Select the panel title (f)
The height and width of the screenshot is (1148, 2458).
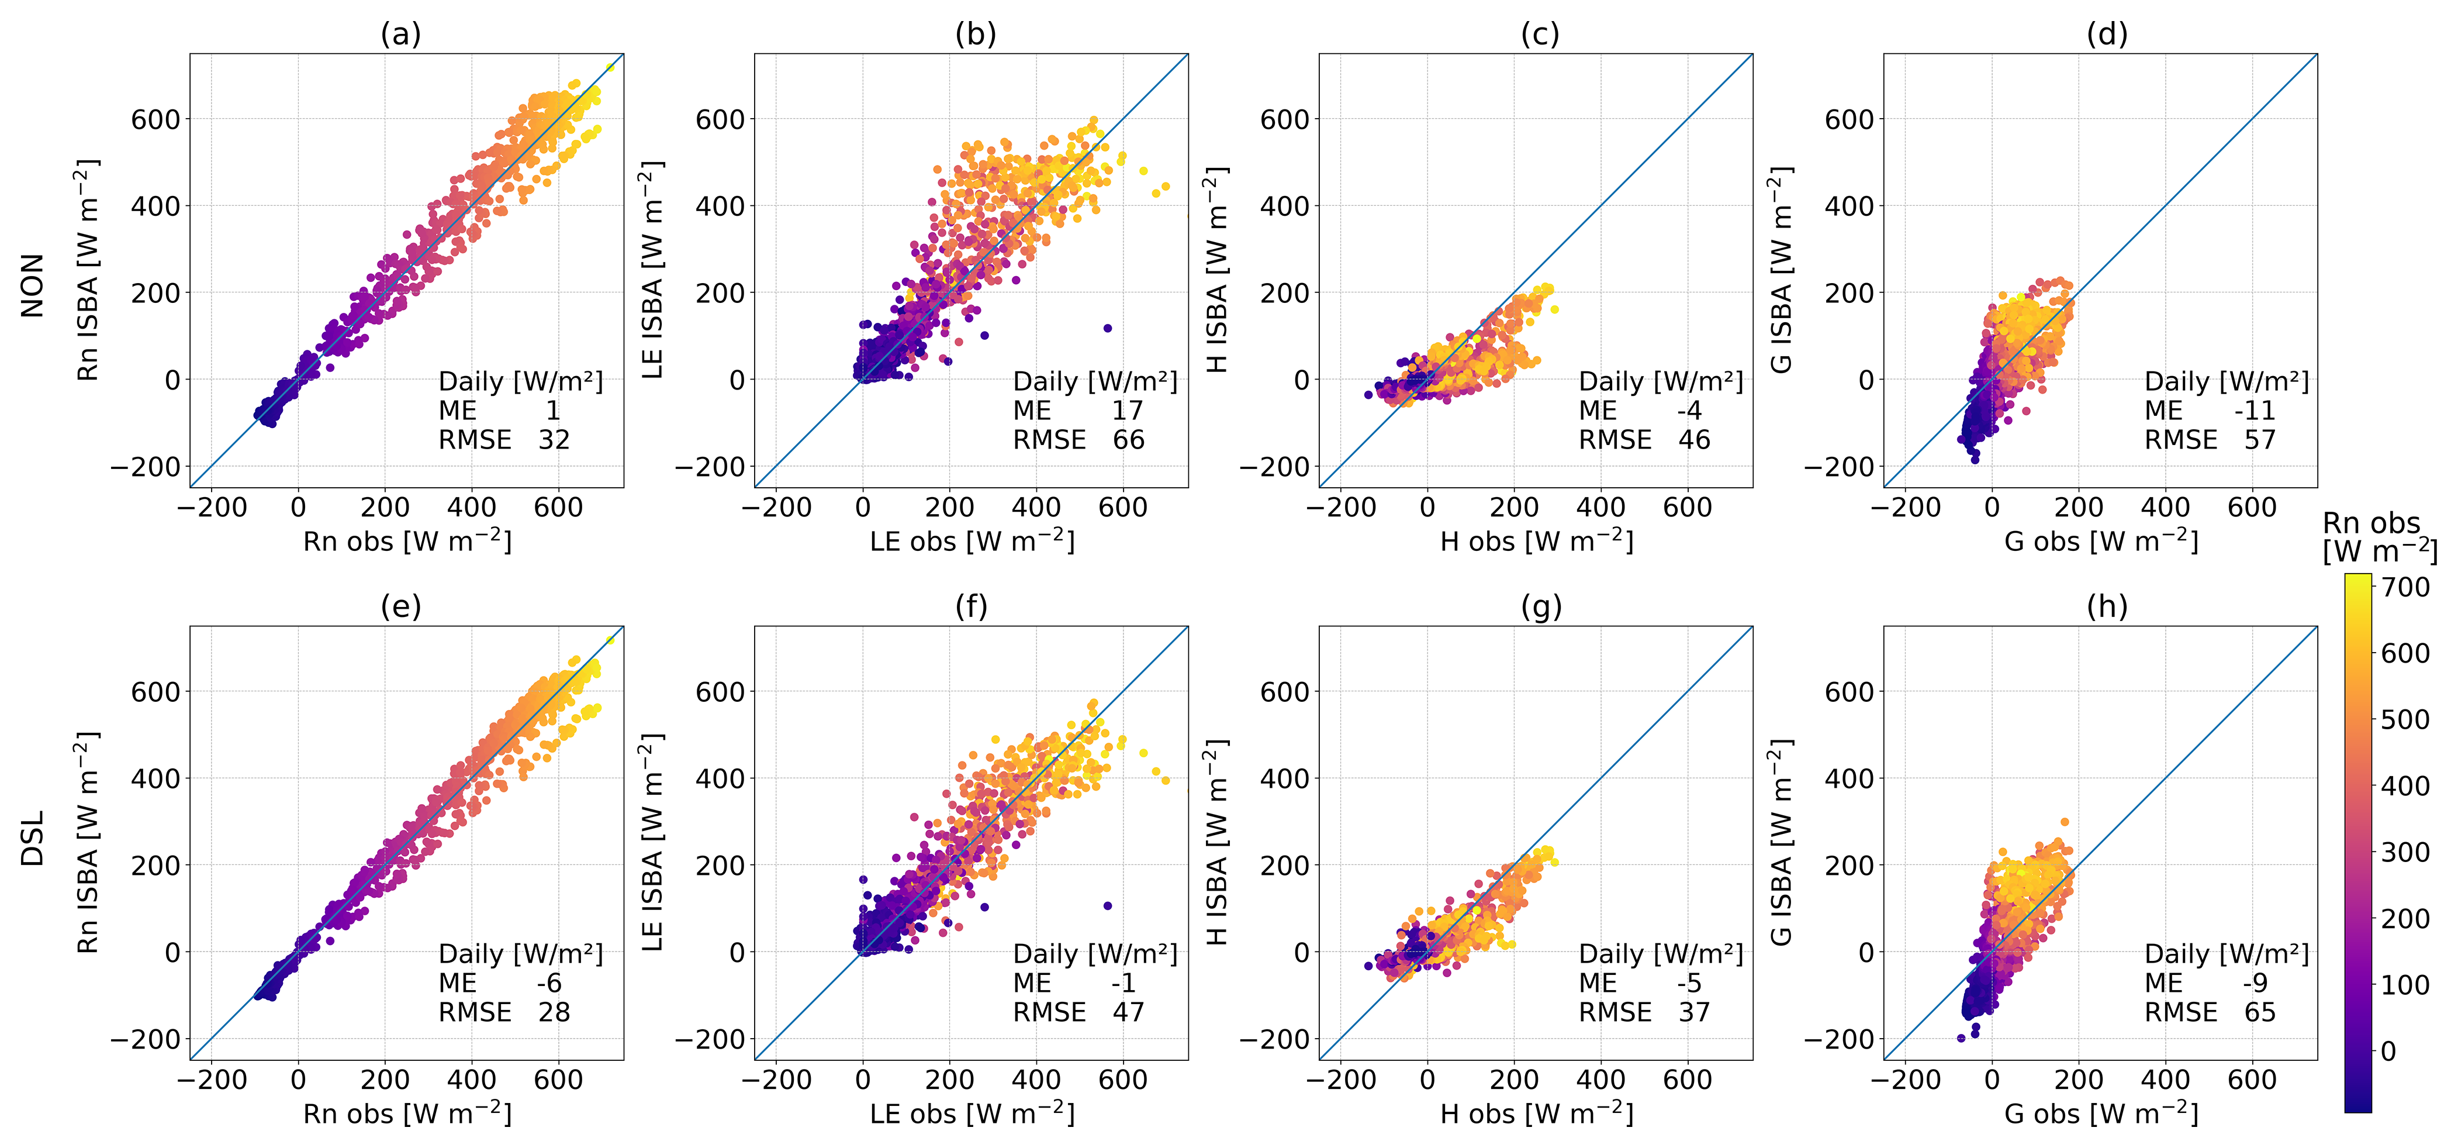point(972,607)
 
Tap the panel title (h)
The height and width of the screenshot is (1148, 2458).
point(2107,607)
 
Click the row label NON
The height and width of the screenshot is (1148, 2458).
point(33,285)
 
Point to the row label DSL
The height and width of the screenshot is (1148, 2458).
point(33,839)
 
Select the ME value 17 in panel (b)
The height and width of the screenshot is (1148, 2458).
point(1127,411)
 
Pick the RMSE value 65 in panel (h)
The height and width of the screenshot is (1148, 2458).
point(2259,1012)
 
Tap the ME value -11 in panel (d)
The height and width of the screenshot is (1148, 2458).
point(2255,411)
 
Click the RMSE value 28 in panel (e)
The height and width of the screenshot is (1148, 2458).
point(554,1012)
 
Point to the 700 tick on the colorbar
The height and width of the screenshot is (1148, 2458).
point(2405,587)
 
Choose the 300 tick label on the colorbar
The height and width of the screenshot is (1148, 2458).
point(2405,852)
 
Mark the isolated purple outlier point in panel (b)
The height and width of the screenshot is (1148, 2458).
point(1107,328)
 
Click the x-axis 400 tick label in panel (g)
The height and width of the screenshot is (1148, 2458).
point(1600,1080)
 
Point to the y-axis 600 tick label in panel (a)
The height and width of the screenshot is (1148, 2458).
point(154,119)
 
